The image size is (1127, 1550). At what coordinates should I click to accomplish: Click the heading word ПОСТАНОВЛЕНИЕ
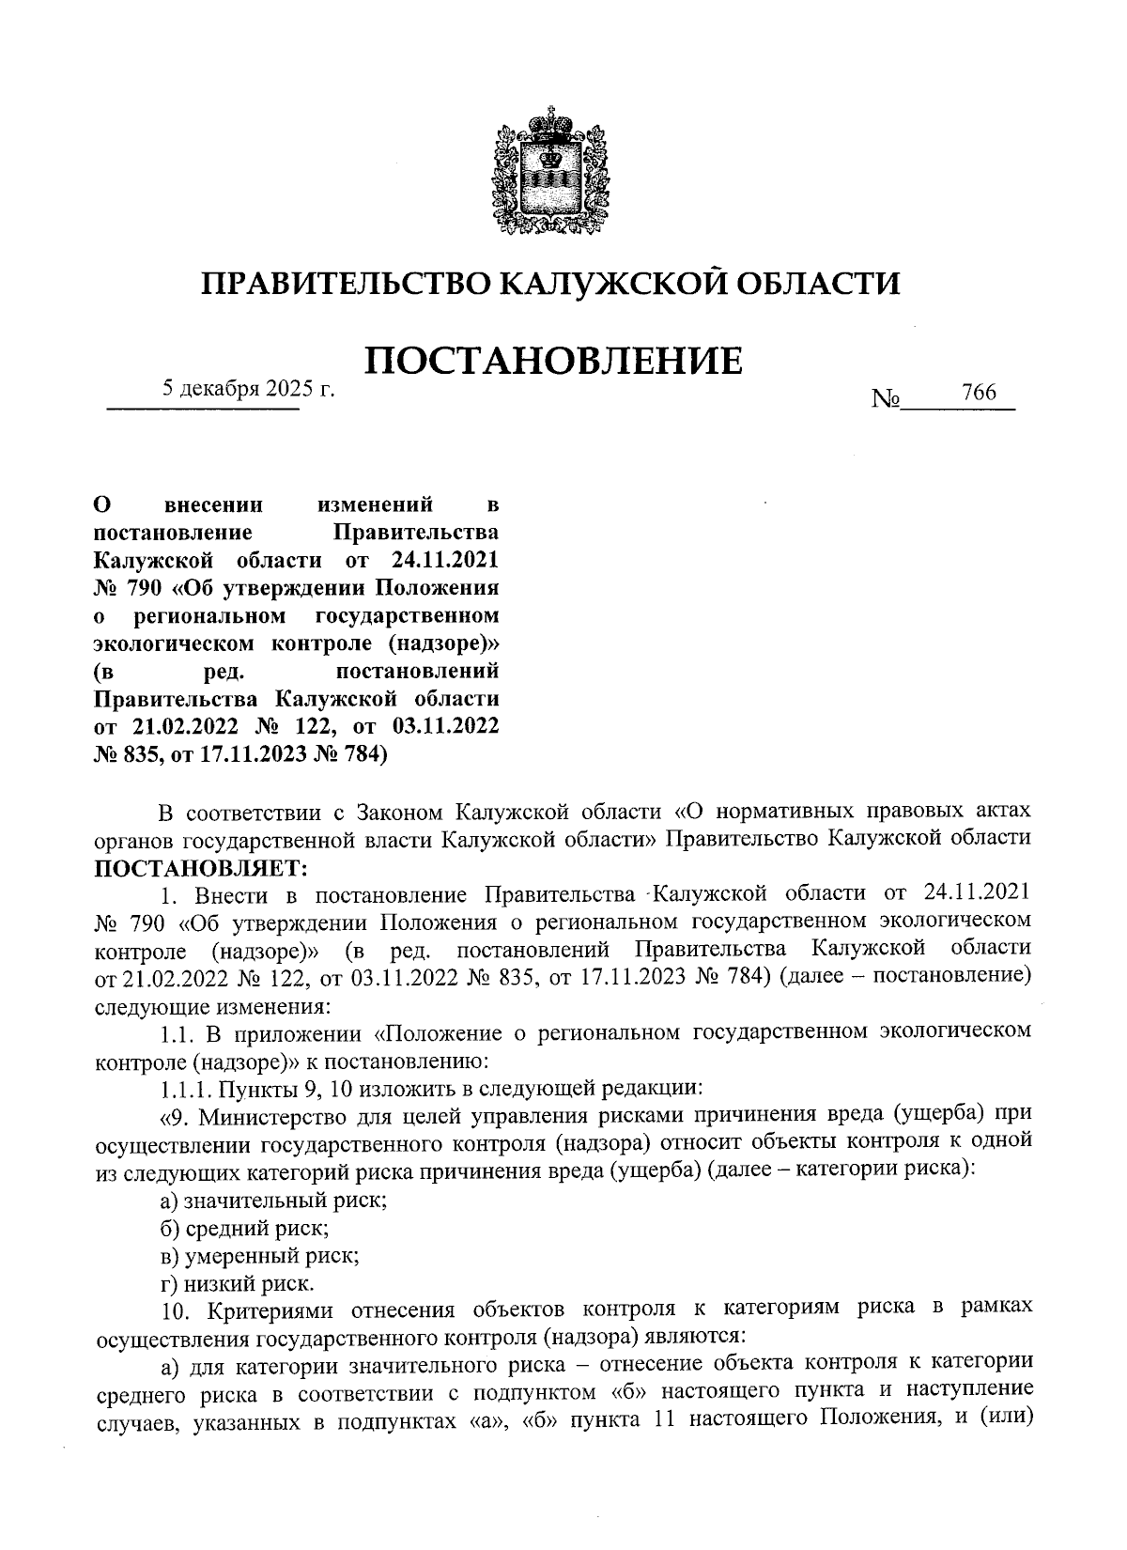pos(552,361)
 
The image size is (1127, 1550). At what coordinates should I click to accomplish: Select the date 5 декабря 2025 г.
pos(249,388)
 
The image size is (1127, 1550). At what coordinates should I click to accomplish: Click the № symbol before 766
pos(885,399)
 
